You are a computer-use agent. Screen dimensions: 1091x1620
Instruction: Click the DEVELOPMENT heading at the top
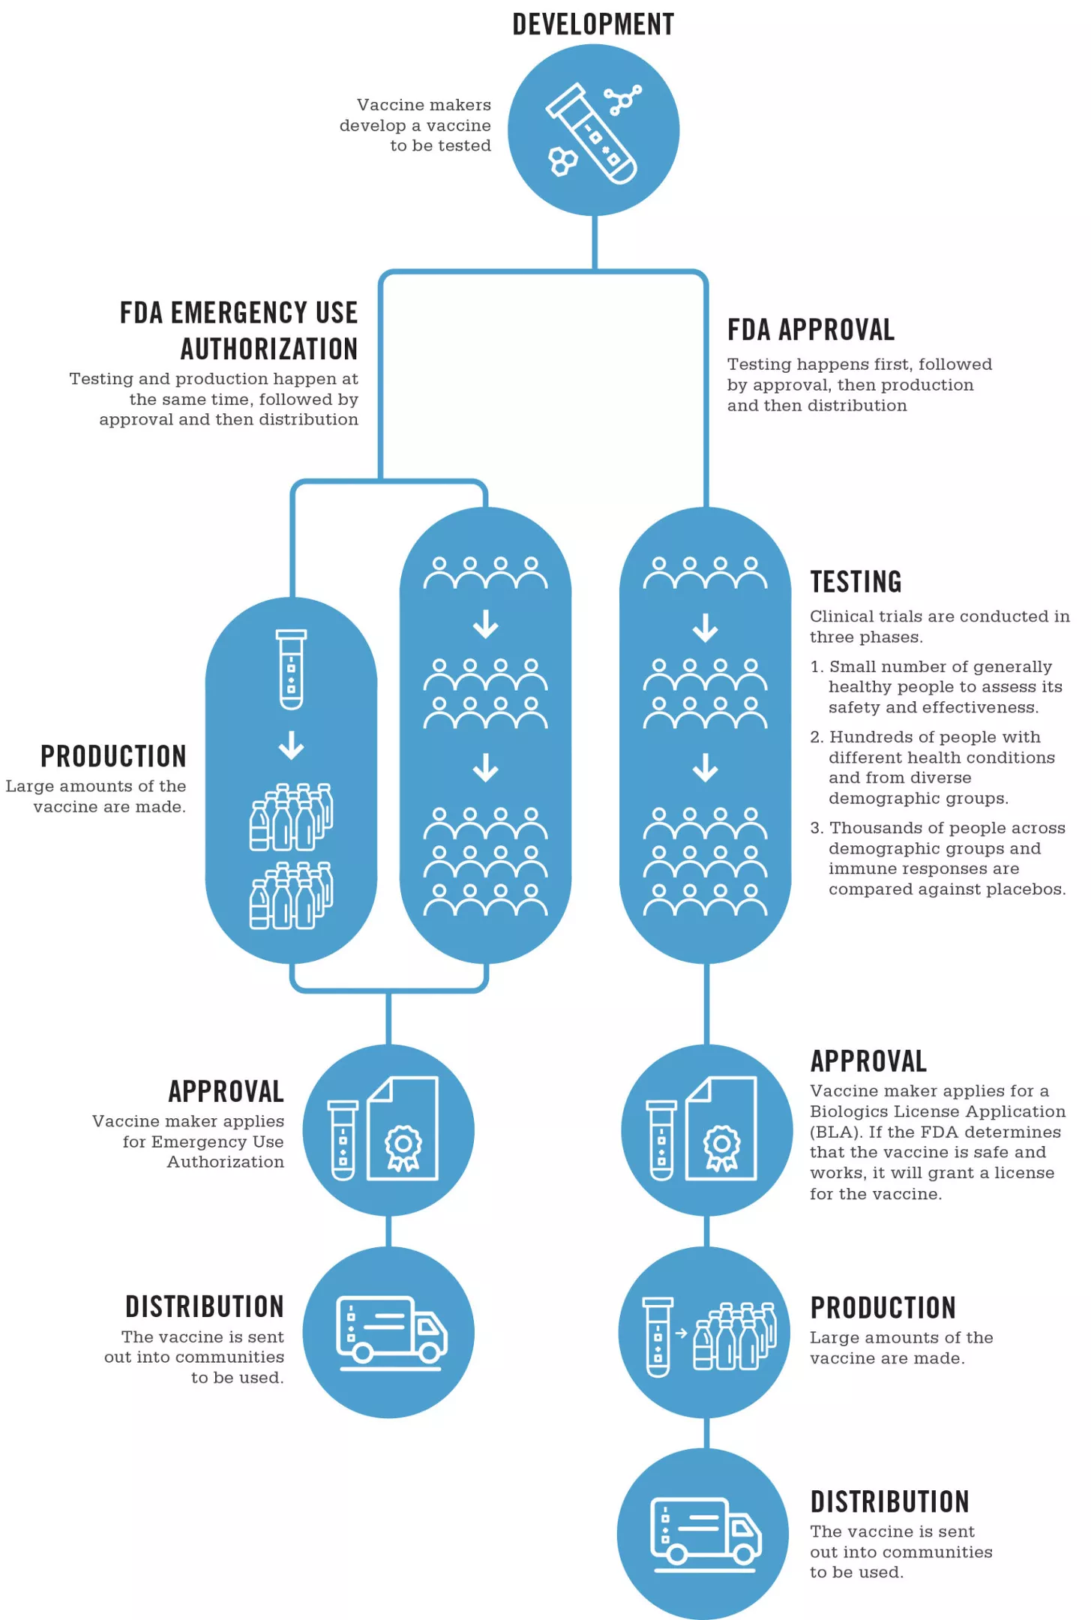(593, 25)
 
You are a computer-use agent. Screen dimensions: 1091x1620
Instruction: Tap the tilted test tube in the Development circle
(591, 133)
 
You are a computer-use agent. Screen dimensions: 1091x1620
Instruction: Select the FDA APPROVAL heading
(811, 330)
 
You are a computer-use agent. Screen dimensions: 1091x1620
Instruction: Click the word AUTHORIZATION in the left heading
(269, 349)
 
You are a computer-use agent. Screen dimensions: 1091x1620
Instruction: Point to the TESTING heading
(856, 582)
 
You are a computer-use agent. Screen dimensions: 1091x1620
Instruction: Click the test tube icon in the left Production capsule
(291, 670)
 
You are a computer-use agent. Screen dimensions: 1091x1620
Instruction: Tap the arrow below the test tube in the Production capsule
(291, 745)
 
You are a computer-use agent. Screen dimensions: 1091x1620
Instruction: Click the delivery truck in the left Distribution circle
(391, 1330)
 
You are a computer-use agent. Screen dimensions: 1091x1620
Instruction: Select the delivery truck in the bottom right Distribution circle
(705, 1532)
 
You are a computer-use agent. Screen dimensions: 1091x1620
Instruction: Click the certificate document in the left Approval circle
(403, 1129)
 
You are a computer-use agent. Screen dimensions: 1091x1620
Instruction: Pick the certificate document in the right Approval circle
(721, 1129)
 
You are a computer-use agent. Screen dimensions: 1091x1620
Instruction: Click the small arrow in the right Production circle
(681, 1333)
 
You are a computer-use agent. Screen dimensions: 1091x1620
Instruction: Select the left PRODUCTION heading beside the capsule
(113, 756)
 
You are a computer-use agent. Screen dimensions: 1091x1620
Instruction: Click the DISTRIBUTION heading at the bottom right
(890, 1501)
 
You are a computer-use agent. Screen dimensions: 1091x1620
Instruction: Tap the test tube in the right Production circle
(658, 1336)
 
